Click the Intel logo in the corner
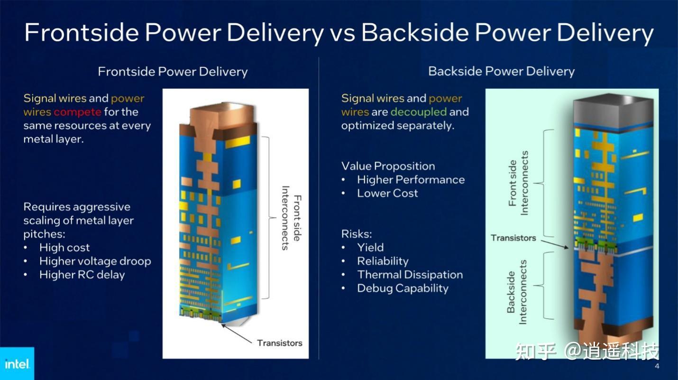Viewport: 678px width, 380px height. [x=17, y=364]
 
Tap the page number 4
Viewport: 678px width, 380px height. [x=657, y=366]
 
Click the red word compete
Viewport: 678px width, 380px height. [x=77, y=112]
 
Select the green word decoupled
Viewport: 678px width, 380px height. [x=419, y=112]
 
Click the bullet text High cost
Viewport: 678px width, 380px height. [x=64, y=248]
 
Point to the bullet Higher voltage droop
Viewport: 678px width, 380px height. [x=95, y=261]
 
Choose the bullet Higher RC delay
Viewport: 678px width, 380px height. [x=82, y=275]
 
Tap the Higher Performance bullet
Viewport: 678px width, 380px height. [x=411, y=180]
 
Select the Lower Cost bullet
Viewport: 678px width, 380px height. [x=387, y=194]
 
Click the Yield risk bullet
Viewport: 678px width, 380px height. [x=370, y=248]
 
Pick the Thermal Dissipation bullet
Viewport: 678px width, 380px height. [x=410, y=275]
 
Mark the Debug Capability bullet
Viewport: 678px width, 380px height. [x=403, y=288]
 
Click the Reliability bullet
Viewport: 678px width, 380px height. [x=383, y=261]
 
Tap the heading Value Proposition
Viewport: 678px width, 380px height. [x=388, y=166]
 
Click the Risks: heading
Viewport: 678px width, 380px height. [x=357, y=234]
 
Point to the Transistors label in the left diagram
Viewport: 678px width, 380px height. [x=279, y=343]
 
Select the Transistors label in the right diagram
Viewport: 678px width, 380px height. [x=513, y=238]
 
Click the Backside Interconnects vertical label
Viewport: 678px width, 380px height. [x=517, y=292]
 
